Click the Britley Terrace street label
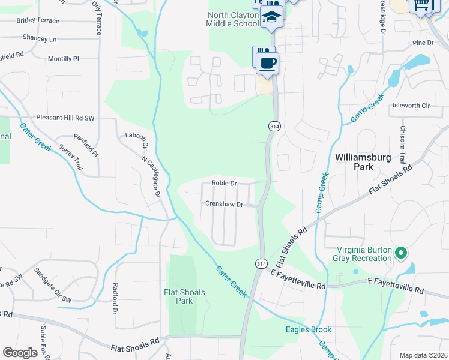pos(38,20)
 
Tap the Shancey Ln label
pos(39,38)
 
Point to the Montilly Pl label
pos(64,59)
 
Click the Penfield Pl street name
pos(86,146)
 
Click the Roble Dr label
pos(224,183)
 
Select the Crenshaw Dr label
pos(224,204)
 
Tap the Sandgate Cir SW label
pos(53,285)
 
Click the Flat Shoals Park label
pos(184,296)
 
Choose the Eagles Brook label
pos(309,329)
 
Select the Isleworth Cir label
pos(411,106)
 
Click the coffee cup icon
pos(267,63)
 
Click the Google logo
pos(20,353)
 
